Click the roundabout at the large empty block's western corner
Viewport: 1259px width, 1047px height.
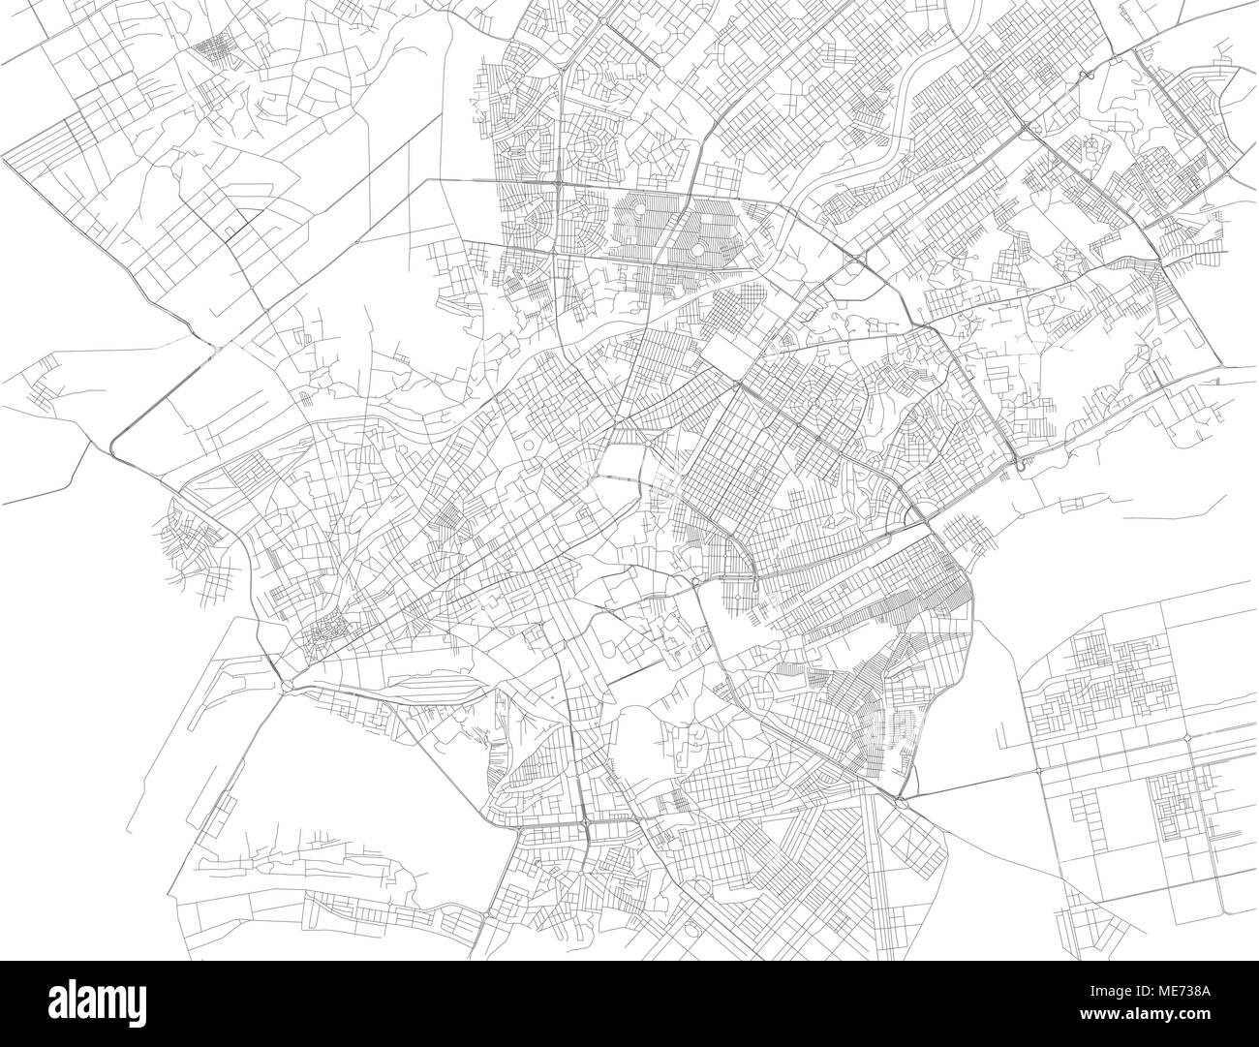coord(289,685)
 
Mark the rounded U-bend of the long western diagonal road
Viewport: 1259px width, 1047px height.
coord(114,444)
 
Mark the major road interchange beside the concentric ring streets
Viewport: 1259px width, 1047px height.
coord(561,181)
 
